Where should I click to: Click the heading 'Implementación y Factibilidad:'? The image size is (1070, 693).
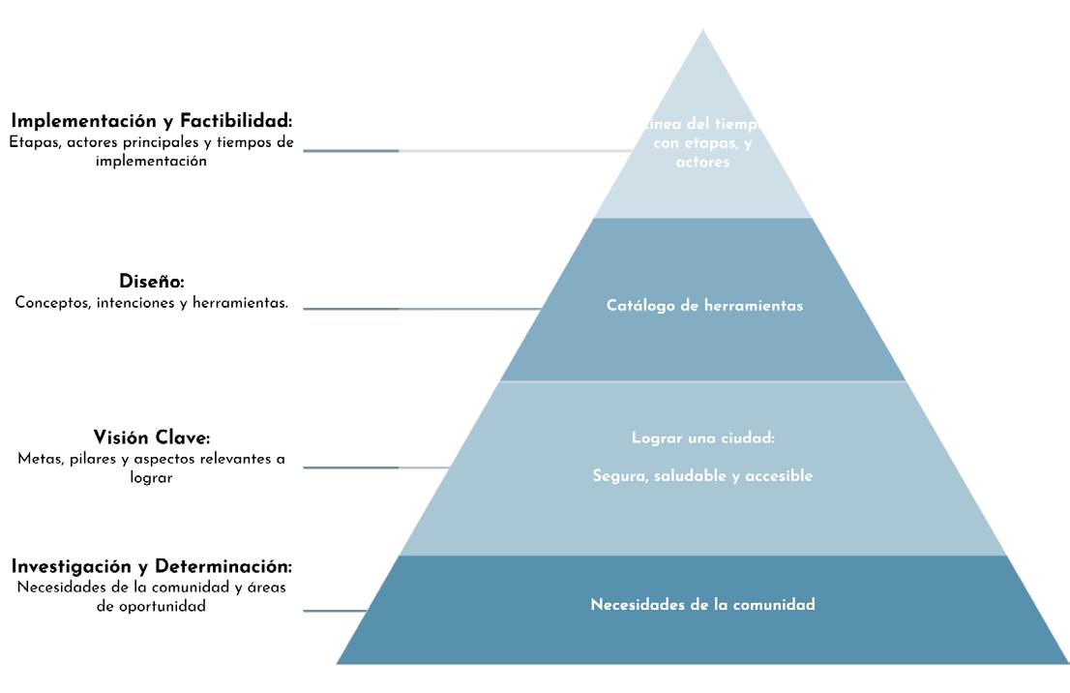(x=151, y=121)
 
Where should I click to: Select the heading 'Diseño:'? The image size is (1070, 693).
(x=152, y=282)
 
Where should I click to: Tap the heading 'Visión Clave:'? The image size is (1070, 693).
(x=152, y=437)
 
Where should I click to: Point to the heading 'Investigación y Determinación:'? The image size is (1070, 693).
(x=151, y=566)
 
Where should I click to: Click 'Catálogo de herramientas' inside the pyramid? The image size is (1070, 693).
(x=704, y=306)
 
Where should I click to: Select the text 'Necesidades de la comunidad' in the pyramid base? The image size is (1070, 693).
(x=702, y=605)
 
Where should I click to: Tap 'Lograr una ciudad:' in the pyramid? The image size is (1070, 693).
(x=703, y=438)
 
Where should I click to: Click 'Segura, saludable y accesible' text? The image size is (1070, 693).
(x=702, y=476)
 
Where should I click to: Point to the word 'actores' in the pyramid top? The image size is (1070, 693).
(x=702, y=163)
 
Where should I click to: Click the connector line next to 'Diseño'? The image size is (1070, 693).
(x=387, y=309)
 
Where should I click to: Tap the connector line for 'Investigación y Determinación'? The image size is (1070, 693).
(x=334, y=611)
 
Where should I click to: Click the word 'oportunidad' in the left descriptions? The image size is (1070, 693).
(x=162, y=608)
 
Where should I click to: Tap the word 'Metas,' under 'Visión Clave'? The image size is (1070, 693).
(x=41, y=459)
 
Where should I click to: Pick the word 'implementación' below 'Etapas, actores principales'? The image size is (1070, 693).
(x=151, y=162)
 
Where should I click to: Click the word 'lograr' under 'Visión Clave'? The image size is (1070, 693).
(x=151, y=477)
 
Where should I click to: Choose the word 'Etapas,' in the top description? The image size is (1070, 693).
(x=35, y=142)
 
